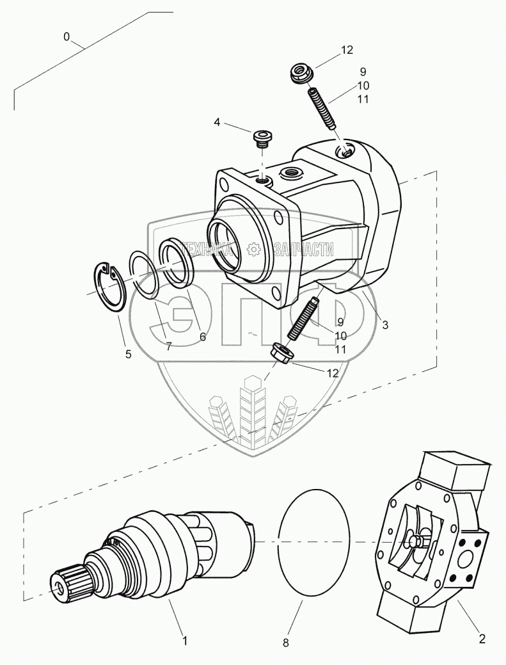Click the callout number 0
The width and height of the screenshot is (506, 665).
tap(67, 37)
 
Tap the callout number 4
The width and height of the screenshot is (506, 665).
tap(217, 121)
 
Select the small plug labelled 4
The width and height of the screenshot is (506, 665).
tap(262, 137)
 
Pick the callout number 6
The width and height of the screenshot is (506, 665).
tap(202, 336)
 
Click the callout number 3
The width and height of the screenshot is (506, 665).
tap(385, 325)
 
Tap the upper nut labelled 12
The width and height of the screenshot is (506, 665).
tap(300, 74)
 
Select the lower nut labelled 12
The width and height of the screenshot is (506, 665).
tap(282, 352)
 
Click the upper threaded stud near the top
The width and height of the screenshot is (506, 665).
tap(324, 109)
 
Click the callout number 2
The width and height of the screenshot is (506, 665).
tap(482, 638)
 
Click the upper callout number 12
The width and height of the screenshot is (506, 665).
tap(347, 50)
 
